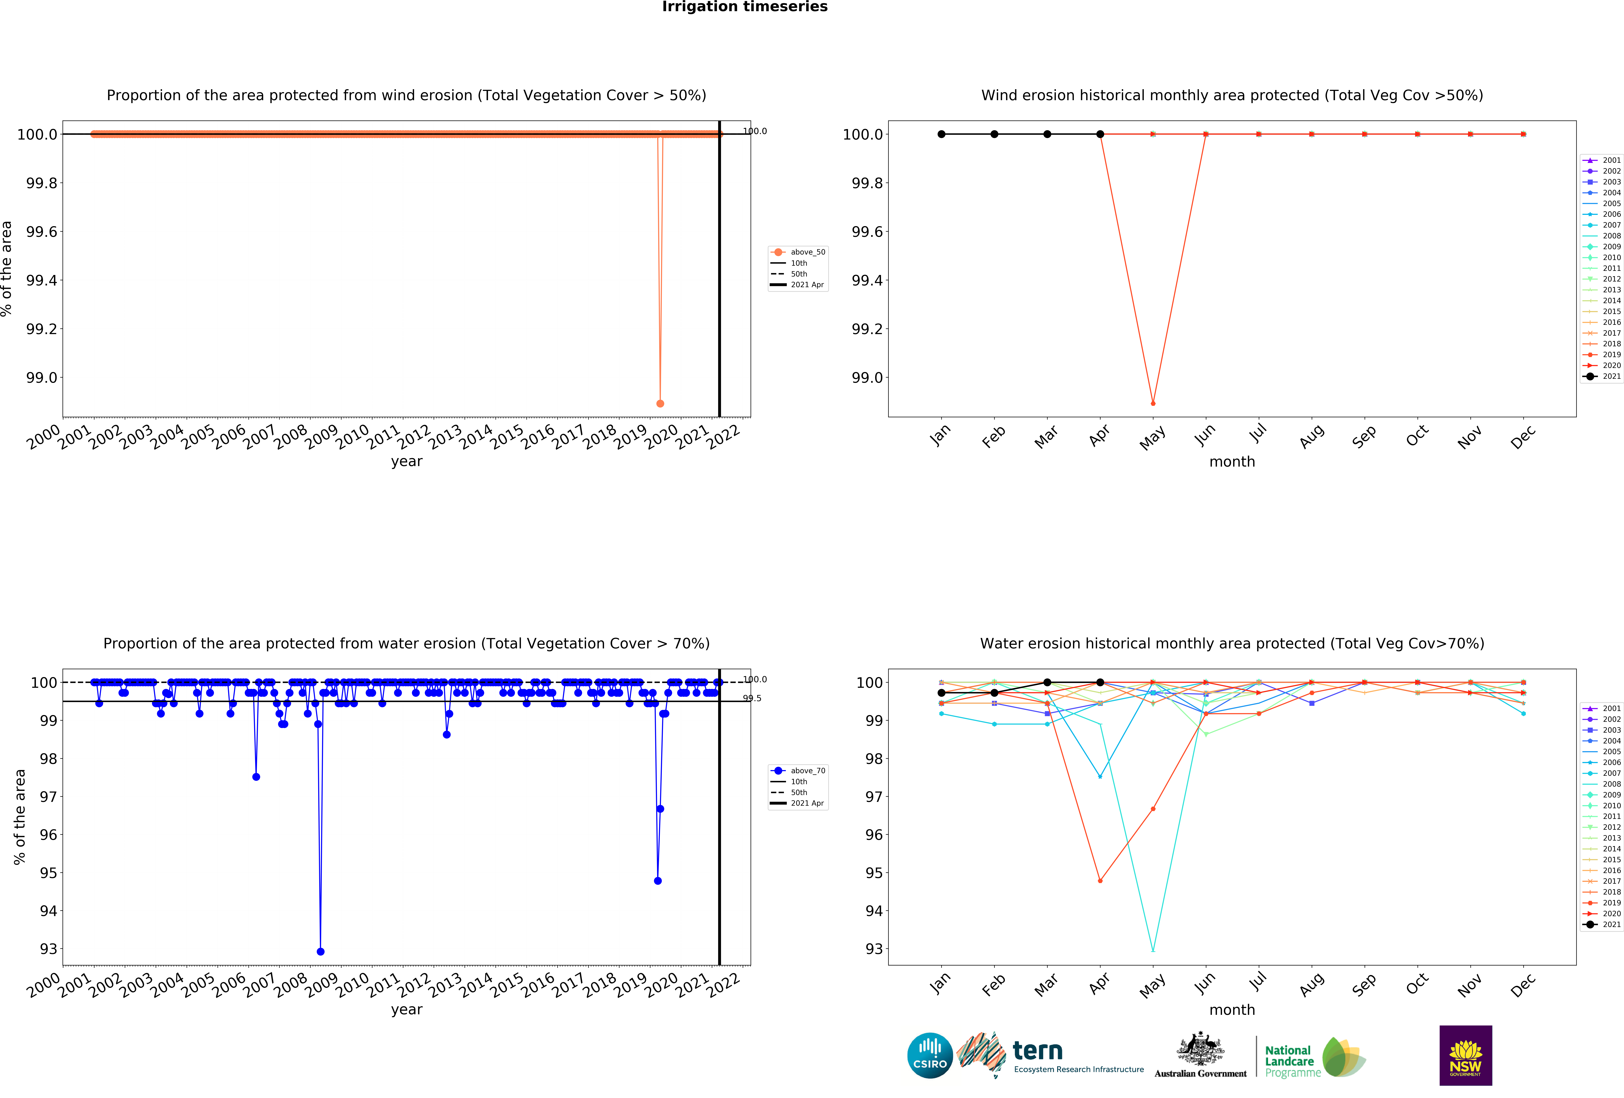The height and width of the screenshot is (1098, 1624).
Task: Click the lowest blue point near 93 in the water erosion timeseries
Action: [x=320, y=951]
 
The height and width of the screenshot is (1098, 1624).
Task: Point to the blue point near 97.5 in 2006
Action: [x=256, y=776]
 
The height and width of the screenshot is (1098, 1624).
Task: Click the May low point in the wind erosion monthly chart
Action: [x=1153, y=403]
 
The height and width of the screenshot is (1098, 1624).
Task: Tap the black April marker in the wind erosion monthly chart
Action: [x=1100, y=134]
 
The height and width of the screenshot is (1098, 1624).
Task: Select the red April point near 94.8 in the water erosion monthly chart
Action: [x=1100, y=881]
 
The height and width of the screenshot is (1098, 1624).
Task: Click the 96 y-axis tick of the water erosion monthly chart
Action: [x=873, y=835]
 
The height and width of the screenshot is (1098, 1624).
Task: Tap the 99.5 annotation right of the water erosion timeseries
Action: [x=752, y=698]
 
